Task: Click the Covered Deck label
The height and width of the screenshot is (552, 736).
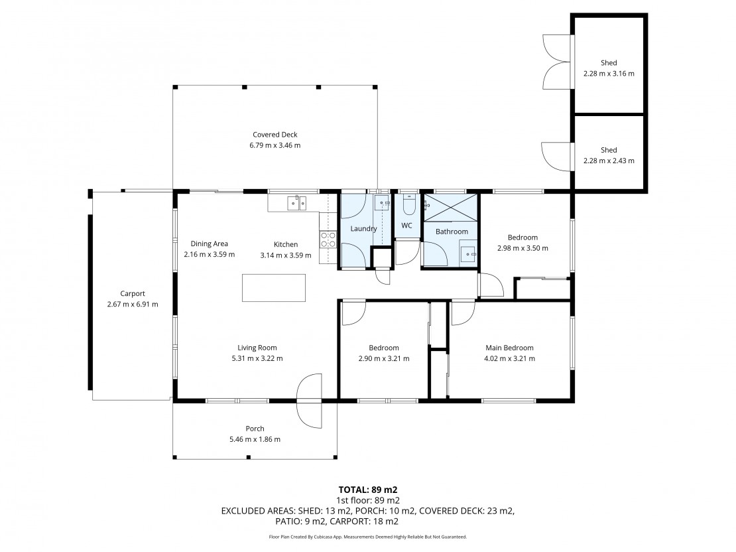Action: click(x=275, y=135)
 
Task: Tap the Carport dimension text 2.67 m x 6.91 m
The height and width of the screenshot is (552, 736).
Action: click(x=133, y=305)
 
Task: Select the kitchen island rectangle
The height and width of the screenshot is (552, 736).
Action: click(x=274, y=287)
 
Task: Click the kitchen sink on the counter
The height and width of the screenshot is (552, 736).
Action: click(x=296, y=202)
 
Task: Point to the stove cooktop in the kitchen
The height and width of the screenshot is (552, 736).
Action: click(x=328, y=240)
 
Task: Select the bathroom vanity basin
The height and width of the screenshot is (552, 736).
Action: click(x=467, y=254)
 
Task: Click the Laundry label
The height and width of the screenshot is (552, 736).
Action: click(x=364, y=229)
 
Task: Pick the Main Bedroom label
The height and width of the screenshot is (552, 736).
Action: click(x=509, y=348)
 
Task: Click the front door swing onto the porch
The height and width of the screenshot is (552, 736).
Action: click(x=310, y=401)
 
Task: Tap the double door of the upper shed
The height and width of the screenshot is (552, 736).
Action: click(x=557, y=62)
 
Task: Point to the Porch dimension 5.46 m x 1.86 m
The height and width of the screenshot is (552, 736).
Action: click(x=255, y=440)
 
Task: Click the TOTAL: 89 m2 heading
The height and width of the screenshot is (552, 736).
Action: click(x=368, y=490)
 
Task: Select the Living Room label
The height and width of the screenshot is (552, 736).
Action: click(x=257, y=348)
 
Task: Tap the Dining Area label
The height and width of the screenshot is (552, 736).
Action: click(x=210, y=243)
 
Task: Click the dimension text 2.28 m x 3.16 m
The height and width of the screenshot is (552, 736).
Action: click(x=609, y=74)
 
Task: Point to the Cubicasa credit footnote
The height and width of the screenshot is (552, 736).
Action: click(x=368, y=537)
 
